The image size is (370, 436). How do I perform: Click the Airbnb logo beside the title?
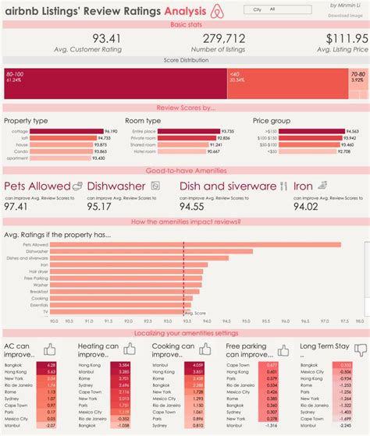pyautogui.click(x=215, y=12)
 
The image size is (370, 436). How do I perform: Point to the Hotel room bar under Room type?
pyautogui.click(x=180, y=151)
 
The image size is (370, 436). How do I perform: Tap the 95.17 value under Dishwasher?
pyautogui.click(x=101, y=207)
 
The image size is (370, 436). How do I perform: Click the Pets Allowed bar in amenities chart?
pyautogui.click(x=195, y=245)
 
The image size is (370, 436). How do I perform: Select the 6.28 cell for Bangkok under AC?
pyautogui.click(x=51, y=364)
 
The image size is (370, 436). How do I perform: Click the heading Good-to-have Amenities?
pyautogui.click(x=185, y=169)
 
